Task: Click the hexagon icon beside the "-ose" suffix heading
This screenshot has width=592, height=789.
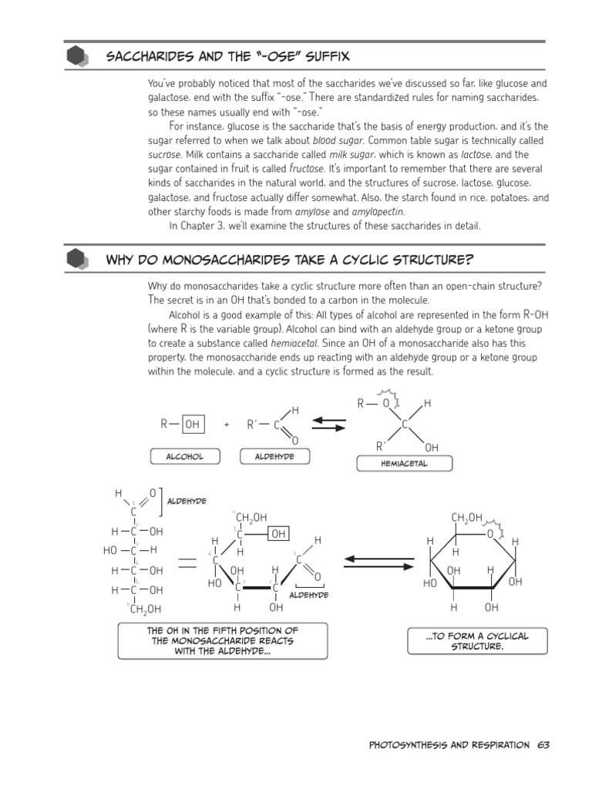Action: tap(78, 58)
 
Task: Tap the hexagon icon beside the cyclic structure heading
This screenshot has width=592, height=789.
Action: tap(78, 260)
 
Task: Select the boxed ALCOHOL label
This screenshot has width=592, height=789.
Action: tap(185, 456)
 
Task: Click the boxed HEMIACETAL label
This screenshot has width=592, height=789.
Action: tap(404, 464)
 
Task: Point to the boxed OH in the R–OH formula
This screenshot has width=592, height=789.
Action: tap(193, 424)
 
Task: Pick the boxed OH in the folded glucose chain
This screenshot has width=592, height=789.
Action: tap(278, 533)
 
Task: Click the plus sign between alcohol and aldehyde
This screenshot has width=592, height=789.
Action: tap(227, 425)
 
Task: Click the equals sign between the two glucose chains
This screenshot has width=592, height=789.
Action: tap(187, 565)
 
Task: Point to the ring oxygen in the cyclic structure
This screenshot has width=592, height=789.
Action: tap(490, 533)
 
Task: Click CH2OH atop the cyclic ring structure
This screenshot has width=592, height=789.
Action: tap(467, 517)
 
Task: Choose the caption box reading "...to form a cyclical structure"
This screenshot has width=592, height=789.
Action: tap(477, 641)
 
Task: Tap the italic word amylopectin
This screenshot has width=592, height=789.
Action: tap(378, 211)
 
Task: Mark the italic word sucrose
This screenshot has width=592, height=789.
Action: tap(164, 154)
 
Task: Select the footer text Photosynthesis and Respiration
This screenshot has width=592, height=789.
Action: tap(449, 745)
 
